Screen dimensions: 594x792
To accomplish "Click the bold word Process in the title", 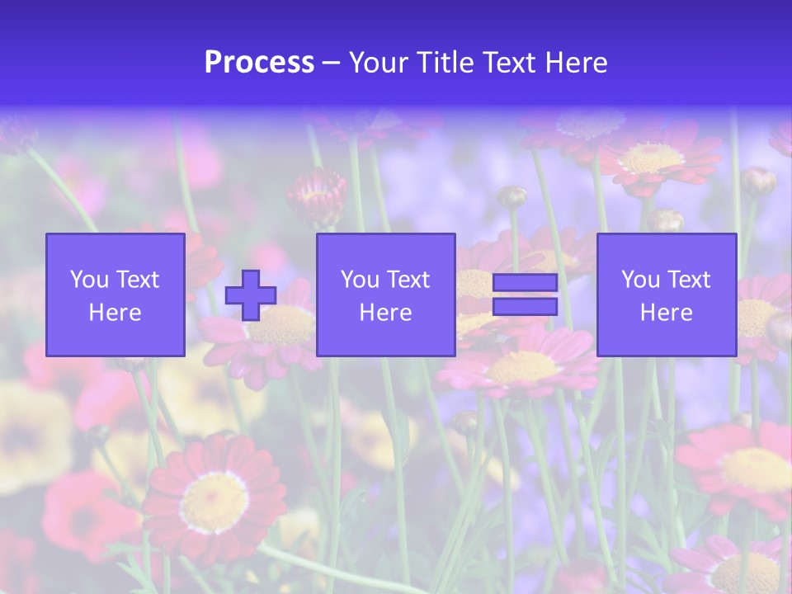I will pos(259,63).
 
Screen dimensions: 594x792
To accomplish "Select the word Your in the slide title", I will pos(376,63).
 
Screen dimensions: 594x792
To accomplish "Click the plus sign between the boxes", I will pos(251,295).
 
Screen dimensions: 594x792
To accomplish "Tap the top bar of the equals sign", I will pos(525,283).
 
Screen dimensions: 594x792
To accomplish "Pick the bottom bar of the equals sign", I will pos(525,307).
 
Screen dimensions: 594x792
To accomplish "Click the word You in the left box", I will pos(90,280).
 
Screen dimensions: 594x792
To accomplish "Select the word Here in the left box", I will pos(115,313).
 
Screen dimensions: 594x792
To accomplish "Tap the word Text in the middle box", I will pos(408,280).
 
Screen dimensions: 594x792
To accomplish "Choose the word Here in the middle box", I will pos(385,313).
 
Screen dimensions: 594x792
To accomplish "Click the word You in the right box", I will pos(641,280).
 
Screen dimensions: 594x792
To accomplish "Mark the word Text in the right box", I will pos(689,280).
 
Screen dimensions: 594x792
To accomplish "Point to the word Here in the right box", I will pos(666,313).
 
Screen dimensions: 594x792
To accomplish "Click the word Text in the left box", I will pos(138,280).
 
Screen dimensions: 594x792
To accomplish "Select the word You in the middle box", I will pos(361,280).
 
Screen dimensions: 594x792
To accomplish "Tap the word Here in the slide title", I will pos(575,63).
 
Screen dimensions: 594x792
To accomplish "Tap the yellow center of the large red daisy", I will pos(214,502).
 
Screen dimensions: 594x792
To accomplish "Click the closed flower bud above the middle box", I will pos(317,196).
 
